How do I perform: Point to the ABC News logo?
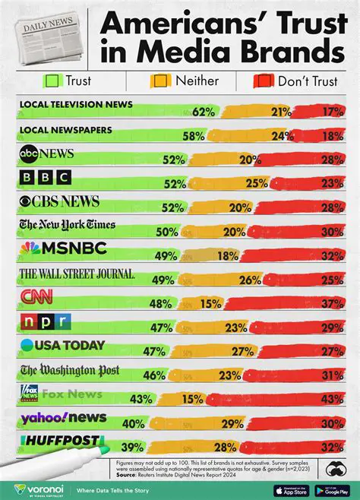[47, 154]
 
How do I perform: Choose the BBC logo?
[45, 178]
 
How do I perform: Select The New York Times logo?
[67, 224]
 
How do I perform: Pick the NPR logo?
[45, 321]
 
